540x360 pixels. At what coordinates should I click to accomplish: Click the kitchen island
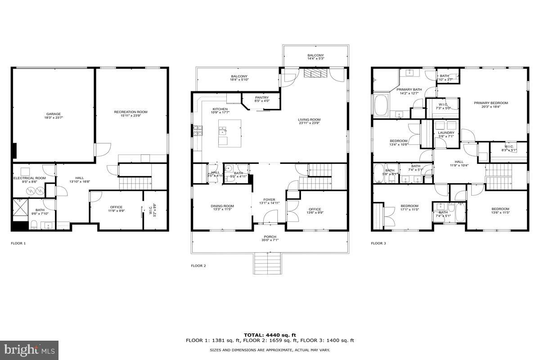229,133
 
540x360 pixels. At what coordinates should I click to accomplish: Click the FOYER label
270,200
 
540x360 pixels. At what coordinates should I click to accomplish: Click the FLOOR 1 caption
18,243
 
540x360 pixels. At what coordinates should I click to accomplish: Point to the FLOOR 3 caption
378,243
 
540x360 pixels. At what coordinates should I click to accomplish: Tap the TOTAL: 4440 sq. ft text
270,335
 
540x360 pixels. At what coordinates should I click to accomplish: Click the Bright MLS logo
29,350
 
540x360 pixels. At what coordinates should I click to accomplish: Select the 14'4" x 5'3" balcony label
315,57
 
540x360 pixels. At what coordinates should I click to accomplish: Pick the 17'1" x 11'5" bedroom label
409,208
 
